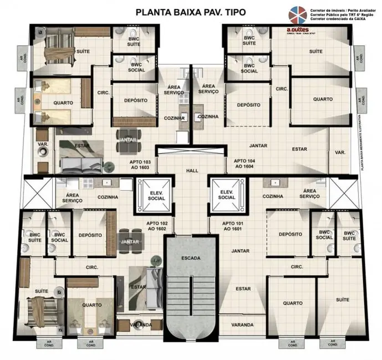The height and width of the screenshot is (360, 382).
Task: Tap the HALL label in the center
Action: click(x=192, y=171)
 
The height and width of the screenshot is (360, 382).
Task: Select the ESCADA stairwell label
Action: click(x=190, y=259)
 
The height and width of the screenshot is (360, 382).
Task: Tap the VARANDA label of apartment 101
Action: click(x=243, y=325)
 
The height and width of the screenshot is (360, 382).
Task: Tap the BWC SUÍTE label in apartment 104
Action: click(x=249, y=40)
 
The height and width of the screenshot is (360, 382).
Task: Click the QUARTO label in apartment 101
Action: click(x=292, y=303)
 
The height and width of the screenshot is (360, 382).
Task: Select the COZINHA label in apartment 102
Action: click(x=107, y=196)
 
